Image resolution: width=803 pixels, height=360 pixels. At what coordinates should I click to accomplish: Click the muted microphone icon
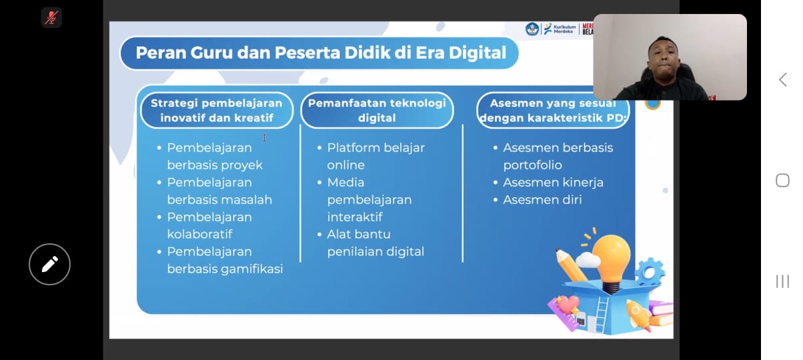pyautogui.click(x=51, y=17)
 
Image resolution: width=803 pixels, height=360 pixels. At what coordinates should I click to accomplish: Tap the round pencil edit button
pyautogui.click(x=49, y=265)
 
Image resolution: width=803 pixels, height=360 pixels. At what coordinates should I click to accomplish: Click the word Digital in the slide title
pyautogui.click(x=477, y=53)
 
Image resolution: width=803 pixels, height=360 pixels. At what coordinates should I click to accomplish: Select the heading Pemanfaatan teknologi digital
pyautogui.click(x=377, y=110)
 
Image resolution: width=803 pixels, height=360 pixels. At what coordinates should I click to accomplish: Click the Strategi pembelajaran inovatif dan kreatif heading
pyautogui.click(x=217, y=110)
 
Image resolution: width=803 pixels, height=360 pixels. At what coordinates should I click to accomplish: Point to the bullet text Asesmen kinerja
pyautogui.click(x=553, y=182)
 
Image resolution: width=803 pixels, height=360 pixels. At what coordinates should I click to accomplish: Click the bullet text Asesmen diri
pyautogui.click(x=542, y=199)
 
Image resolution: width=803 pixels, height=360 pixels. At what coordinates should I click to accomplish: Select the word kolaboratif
pyautogui.click(x=199, y=234)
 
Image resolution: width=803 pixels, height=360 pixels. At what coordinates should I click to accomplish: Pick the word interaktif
pyautogui.click(x=355, y=217)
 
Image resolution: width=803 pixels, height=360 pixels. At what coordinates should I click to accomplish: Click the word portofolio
pyautogui.click(x=532, y=165)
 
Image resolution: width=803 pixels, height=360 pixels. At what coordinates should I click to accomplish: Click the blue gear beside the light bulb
pyautogui.click(x=650, y=273)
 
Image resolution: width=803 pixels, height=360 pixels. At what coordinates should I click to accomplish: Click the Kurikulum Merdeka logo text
pyautogui.click(x=564, y=29)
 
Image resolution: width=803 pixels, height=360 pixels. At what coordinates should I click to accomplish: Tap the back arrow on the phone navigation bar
pyautogui.click(x=782, y=79)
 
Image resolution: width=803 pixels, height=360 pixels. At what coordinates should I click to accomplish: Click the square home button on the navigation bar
pyautogui.click(x=782, y=180)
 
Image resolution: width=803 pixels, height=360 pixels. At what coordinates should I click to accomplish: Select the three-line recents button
pyautogui.click(x=782, y=281)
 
